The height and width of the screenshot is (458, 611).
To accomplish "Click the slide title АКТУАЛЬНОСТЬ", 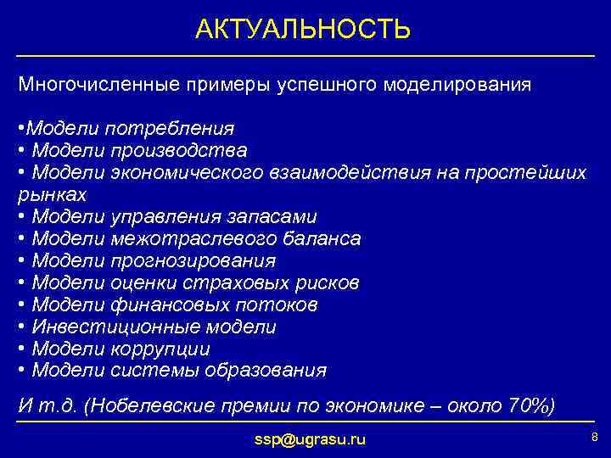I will [x=303, y=30].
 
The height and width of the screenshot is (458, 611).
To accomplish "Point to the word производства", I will [x=178, y=151].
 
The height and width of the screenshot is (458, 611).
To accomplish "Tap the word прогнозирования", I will [x=193, y=261].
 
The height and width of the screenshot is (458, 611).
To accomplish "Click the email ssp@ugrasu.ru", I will [x=310, y=439].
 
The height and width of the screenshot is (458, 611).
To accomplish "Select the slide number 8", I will [x=594, y=437].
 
